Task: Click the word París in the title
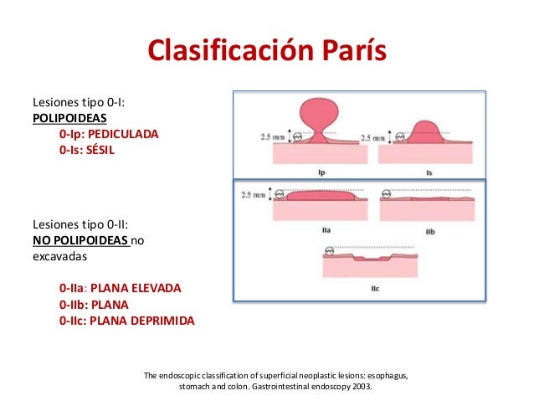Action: (347, 52)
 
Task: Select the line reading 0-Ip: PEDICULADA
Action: (108, 133)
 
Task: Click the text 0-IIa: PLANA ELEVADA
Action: (120, 288)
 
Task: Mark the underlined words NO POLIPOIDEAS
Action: (80, 240)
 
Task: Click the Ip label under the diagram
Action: (322, 172)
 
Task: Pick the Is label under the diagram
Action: (428, 172)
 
